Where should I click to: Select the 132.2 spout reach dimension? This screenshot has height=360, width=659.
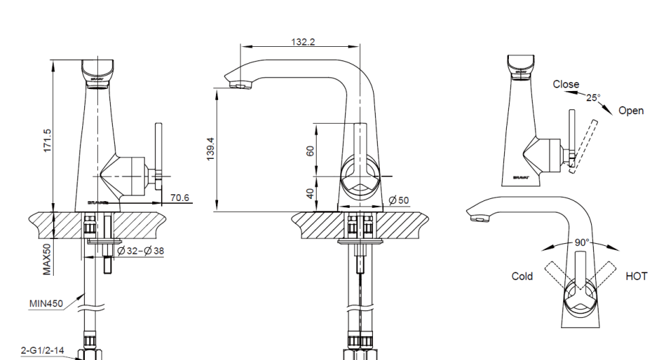302,41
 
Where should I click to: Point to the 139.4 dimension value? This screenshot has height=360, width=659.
211,149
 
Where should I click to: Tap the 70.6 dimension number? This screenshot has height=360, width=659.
180,198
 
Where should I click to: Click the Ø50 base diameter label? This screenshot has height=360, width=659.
399,200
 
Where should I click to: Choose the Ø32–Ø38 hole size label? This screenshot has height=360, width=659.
141,251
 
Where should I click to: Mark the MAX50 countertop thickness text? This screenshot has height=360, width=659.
47,259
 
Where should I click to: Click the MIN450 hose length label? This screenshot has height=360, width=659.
46,304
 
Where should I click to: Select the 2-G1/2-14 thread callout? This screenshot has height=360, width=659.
42,350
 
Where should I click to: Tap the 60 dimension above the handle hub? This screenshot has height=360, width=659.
310,150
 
